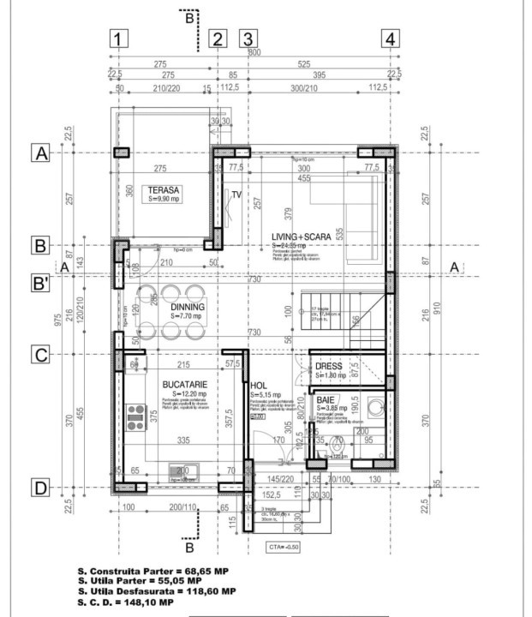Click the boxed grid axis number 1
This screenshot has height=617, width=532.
tap(118, 39)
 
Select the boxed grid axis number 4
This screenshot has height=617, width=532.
tap(391, 39)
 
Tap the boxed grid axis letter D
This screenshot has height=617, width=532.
tap(39, 488)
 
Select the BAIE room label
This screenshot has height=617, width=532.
tap(326, 400)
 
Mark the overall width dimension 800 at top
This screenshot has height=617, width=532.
tap(254, 52)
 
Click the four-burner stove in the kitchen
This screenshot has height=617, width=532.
tap(135, 417)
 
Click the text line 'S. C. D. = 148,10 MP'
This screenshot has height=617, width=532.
tap(125, 602)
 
